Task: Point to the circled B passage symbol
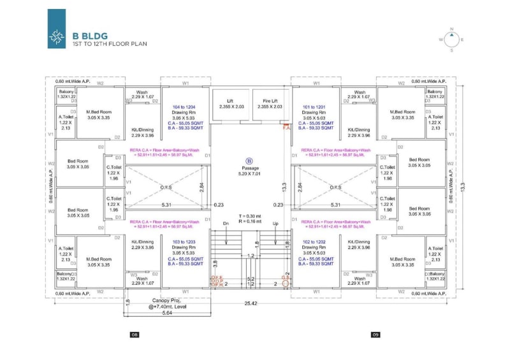pos(249,162)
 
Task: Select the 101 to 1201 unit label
pos(316,106)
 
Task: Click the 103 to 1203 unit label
pos(186,242)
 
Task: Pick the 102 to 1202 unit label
pos(316,242)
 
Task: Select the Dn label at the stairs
pos(226,224)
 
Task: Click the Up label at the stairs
pos(275,224)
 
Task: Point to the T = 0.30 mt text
pos(249,216)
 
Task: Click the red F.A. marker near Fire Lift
pos(286,128)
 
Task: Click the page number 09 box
pos(375,335)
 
